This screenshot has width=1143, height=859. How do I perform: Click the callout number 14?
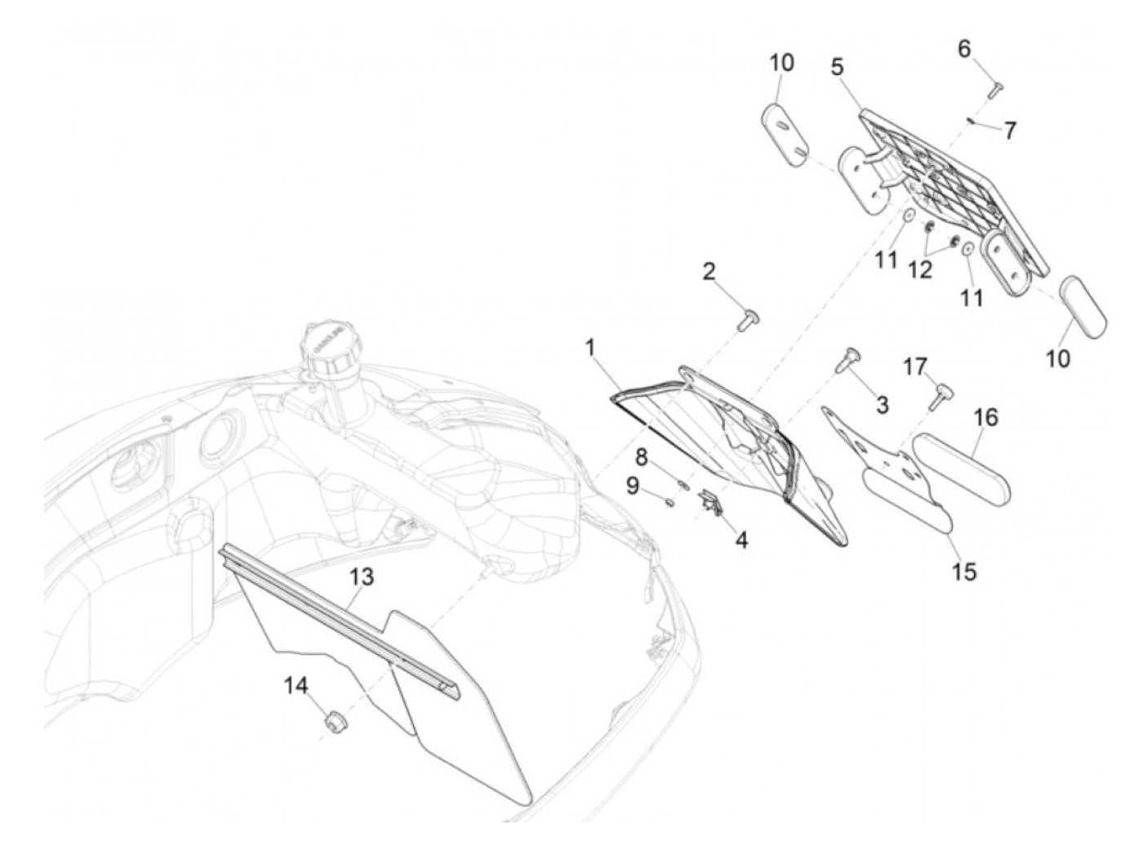pos(296,687)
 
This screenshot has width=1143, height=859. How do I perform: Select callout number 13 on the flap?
pos(362,577)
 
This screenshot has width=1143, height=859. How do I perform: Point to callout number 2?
pos(709,271)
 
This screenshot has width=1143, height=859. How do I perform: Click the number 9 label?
pos(633,486)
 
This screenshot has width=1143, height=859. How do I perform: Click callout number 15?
pos(963,571)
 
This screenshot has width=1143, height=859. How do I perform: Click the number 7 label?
pos(1011,130)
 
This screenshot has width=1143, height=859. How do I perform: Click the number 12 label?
pos(920,270)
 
